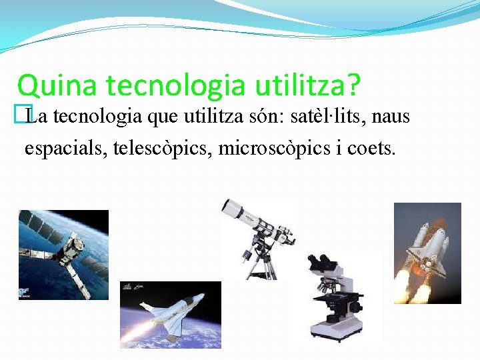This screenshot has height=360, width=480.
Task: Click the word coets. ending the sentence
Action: click(x=371, y=147)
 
